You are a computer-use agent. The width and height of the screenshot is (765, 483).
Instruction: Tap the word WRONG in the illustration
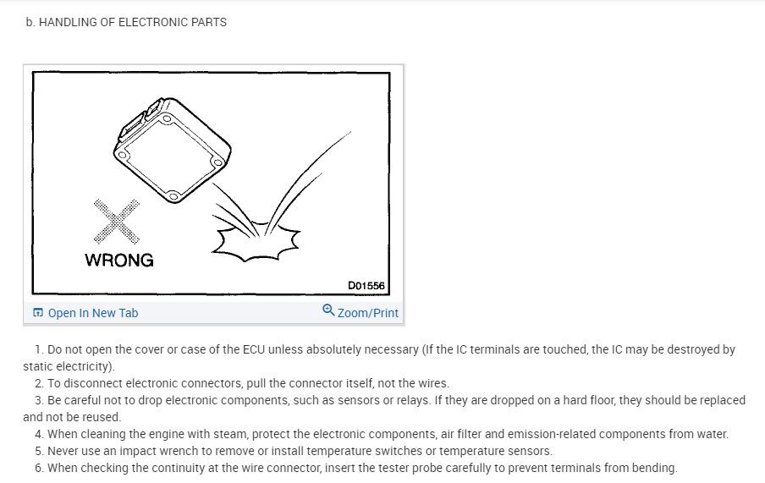[119, 261]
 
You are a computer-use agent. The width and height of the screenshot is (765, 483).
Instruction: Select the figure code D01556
[366, 286]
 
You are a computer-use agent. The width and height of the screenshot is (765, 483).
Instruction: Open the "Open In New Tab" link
[93, 313]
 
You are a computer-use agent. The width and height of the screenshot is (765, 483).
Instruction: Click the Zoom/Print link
[368, 313]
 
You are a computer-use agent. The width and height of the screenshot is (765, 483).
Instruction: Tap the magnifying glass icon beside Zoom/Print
[328, 310]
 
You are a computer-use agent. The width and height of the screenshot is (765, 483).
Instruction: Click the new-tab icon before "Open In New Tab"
[38, 313]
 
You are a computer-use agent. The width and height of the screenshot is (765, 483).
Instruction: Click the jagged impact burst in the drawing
[255, 242]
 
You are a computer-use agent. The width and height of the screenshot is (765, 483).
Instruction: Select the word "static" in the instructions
[40, 366]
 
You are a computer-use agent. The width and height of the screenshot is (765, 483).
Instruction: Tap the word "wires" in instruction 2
[432, 383]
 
